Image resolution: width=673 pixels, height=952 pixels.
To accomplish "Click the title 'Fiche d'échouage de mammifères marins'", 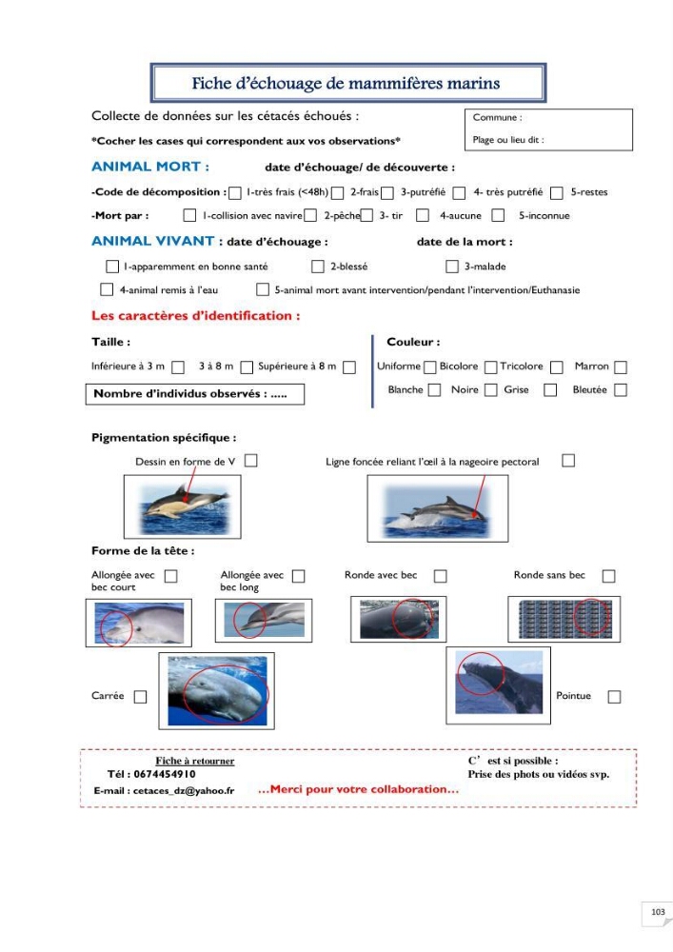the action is pyautogui.click(x=346, y=83).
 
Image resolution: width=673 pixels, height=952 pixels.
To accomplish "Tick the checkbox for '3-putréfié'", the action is pyautogui.click(x=387, y=193).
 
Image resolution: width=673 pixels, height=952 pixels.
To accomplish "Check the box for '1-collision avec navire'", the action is pyautogui.click(x=190, y=215).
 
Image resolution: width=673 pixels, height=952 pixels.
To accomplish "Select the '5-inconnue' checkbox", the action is pyautogui.click(x=498, y=215).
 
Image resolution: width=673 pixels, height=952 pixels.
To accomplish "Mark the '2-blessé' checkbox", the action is pyautogui.click(x=317, y=267).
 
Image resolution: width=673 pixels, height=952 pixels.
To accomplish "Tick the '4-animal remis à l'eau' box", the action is pyautogui.click(x=107, y=289).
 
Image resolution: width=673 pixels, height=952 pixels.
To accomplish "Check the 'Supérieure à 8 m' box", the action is pyautogui.click(x=349, y=367).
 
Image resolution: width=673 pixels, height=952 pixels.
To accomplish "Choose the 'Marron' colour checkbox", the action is pyautogui.click(x=621, y=367).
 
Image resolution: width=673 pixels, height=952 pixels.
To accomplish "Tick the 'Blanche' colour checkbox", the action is pyautogui.click(x=434, y=389).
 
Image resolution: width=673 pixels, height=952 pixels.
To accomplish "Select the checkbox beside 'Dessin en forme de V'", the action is pyautogui.click(x=250, y=461).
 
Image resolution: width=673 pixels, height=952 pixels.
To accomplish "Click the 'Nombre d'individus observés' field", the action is pyautogui.click(x=195, y=394).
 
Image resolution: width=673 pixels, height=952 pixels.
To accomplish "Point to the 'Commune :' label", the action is pyautogui.click(x=497, y=118).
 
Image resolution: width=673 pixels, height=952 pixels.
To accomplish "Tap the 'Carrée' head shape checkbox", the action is pyautogui.click(x=140, y=697).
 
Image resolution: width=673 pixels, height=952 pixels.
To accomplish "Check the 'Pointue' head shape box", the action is pyautogui.click(x=614, y=697).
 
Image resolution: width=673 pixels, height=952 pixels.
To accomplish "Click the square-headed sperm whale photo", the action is pyautogui.click(x=217, y=691).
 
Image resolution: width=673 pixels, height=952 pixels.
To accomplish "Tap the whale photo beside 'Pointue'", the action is pyautogui.click(x=499, y=684).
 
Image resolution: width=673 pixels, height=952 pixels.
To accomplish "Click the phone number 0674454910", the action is pyautogui.click(x=165, y=774).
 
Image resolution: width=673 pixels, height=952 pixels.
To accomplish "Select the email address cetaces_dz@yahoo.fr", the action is pyautogui.click(x=184, y=790).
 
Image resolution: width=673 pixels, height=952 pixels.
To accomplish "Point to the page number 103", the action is pyautogui.click(x=658, y=912).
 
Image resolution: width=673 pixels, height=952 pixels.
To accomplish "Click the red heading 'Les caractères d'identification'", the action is pyautogui.click(x=195, y=316).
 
